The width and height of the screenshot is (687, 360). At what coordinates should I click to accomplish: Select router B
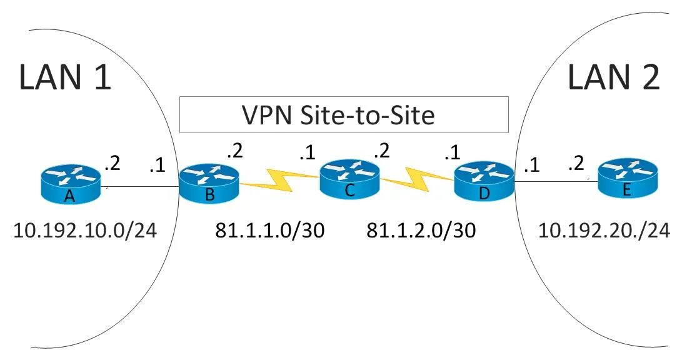(209, 184)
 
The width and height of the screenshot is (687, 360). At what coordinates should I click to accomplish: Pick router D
(483, 182)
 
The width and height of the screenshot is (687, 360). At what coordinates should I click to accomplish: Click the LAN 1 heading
(65, 77)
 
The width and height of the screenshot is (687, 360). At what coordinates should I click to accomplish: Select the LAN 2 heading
(613, 77)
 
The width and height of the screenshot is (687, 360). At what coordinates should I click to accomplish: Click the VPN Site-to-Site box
(343, 114)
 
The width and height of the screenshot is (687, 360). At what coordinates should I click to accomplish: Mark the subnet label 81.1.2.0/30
(421, 231)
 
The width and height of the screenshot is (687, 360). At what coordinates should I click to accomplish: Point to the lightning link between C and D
(417, 177)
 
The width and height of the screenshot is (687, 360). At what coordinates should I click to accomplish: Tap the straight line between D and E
(554, 182)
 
